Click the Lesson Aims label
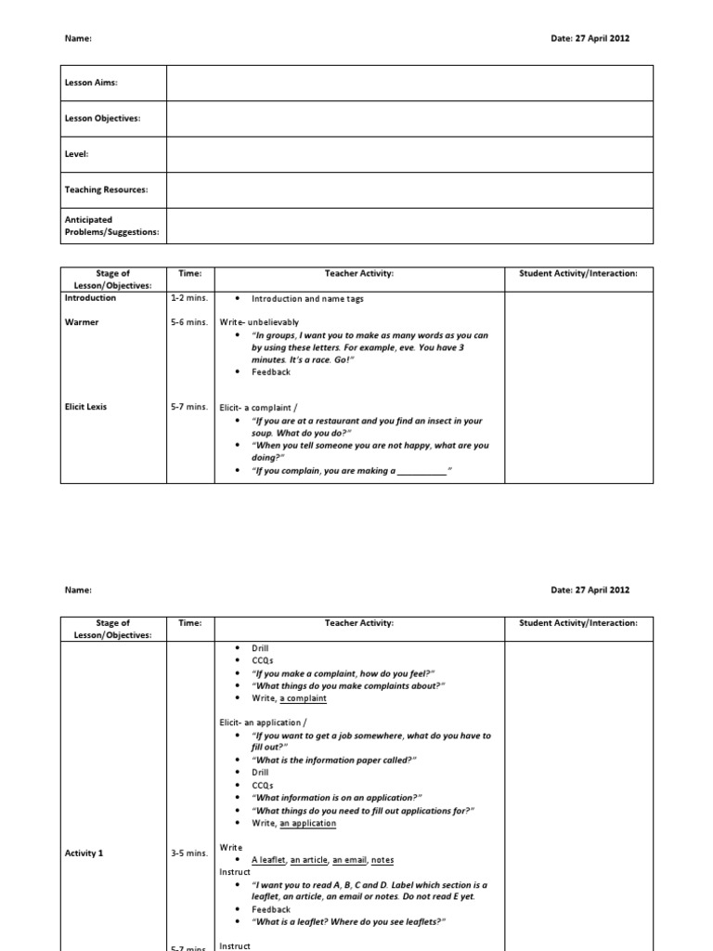click(90, 83)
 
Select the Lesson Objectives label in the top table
click(102, 118)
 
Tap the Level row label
click(76, 153)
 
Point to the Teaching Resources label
click(106, 189)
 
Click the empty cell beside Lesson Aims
click(408, 83)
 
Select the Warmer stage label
click(81, 322)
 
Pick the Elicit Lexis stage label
click(90, 407)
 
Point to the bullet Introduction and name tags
click(308, 299)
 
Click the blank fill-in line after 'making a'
click(421, 471)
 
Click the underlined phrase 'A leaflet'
click(268, 860)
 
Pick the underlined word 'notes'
click(382, 860)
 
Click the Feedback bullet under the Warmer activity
click(271, 371)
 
